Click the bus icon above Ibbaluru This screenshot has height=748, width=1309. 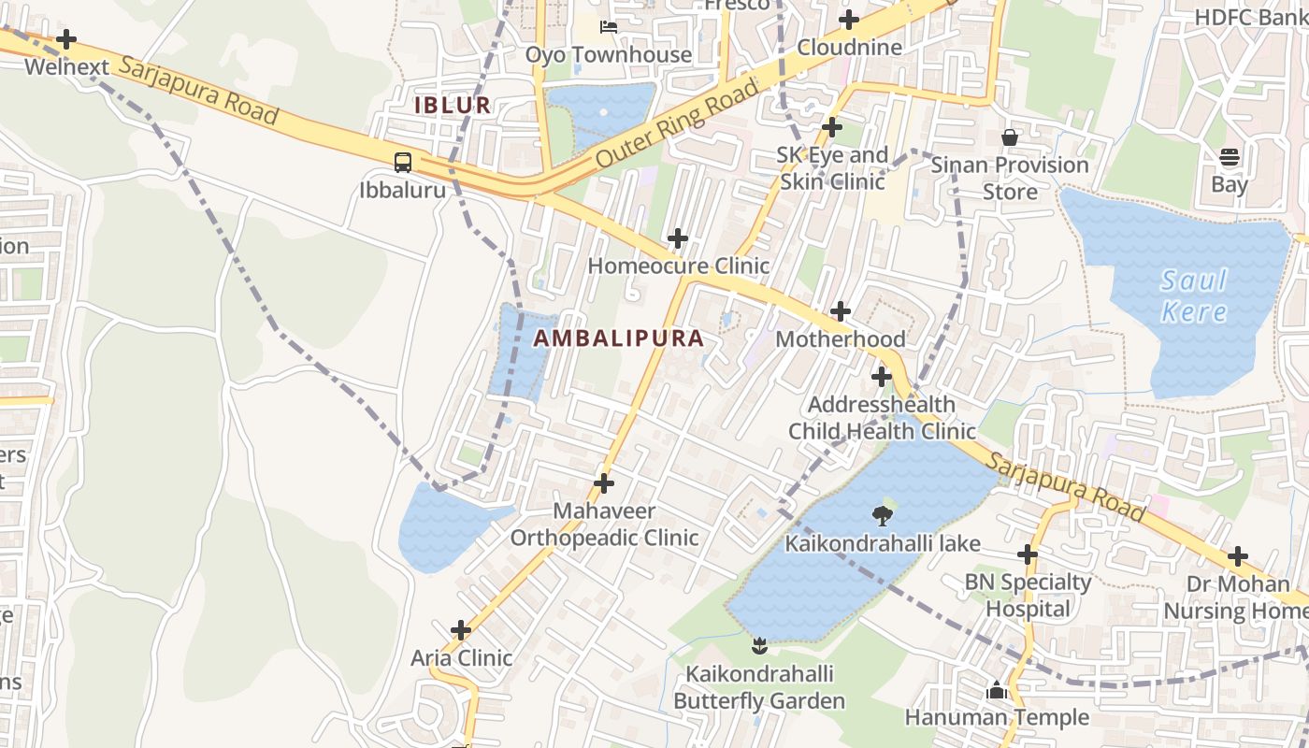403,162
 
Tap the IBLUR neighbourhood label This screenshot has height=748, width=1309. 453,105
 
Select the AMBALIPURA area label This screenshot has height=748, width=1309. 619,338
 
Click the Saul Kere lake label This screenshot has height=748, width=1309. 1194,295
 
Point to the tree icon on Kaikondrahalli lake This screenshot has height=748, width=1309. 882,514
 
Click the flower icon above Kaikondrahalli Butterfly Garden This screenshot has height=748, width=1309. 759,645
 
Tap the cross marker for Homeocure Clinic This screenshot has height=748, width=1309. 678,238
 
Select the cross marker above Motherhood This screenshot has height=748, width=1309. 841,311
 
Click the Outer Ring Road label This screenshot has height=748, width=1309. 677,124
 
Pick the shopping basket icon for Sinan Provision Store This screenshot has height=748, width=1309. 1010,137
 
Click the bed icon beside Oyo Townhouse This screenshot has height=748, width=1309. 609,27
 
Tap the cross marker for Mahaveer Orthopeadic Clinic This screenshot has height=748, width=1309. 604,483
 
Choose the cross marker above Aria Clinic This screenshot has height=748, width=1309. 461,630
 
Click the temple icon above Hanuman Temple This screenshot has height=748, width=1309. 996,691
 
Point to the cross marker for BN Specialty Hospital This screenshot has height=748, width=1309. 1028,554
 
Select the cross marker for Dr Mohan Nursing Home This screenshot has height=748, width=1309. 1238,556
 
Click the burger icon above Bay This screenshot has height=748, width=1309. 1230,156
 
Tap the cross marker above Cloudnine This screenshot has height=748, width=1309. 849,20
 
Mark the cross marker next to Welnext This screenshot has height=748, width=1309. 66,39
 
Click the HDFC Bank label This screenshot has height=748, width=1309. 1251,17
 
